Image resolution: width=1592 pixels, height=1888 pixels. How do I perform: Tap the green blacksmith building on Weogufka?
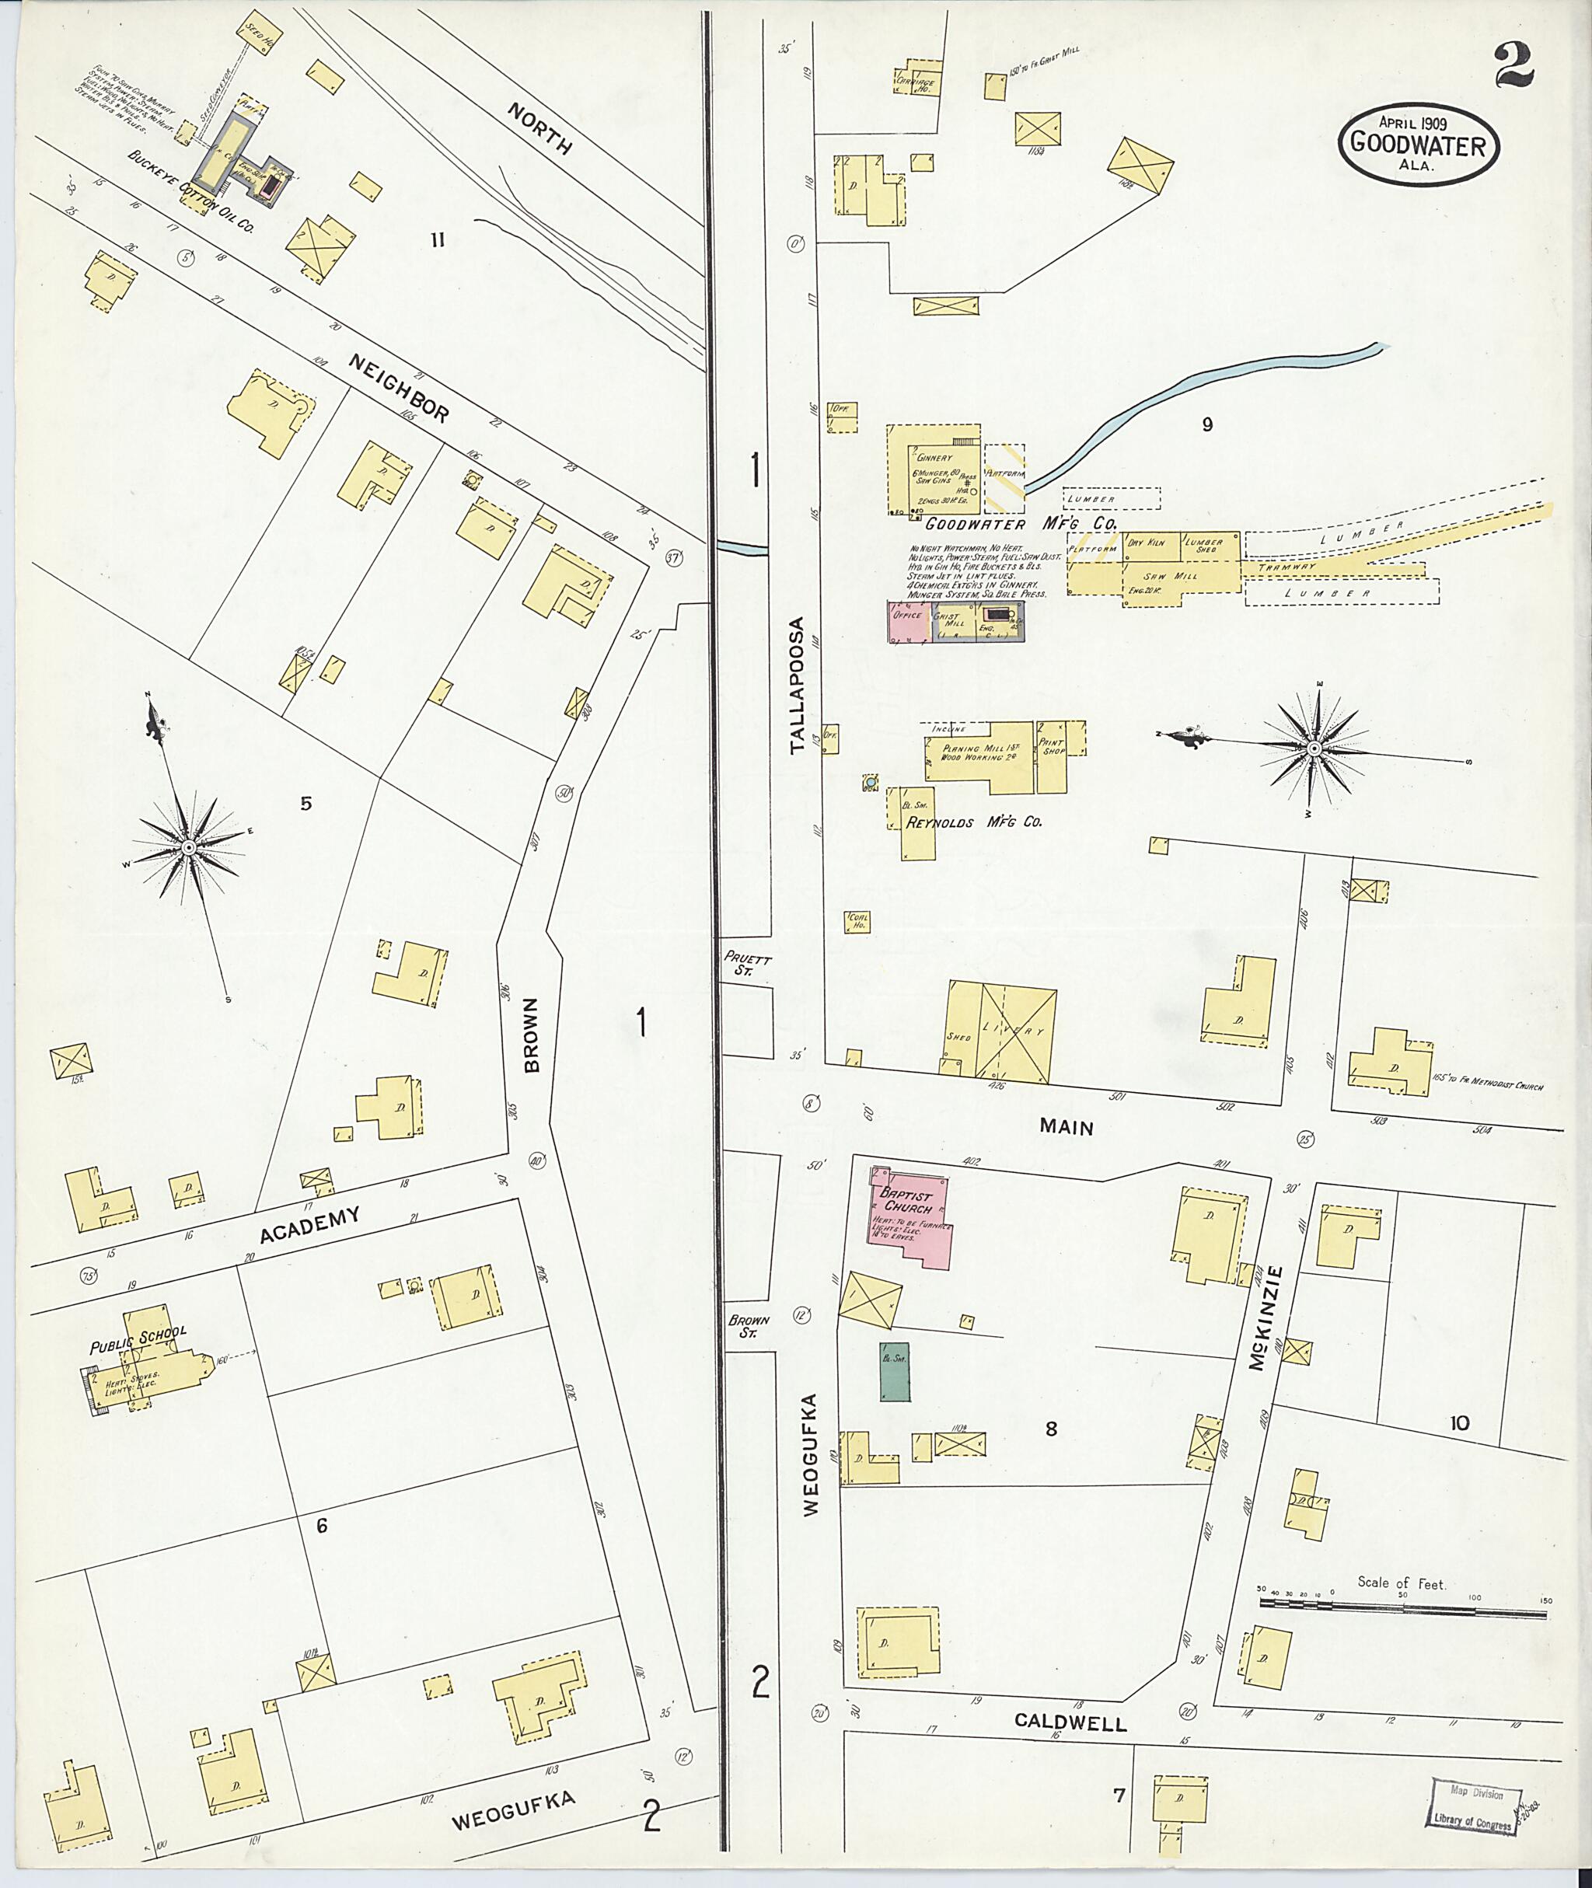895,1372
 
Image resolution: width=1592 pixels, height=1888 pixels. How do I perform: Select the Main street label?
1066,1127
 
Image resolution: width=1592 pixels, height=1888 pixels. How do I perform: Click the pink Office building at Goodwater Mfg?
907,623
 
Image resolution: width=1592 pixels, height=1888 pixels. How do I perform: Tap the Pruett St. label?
746,964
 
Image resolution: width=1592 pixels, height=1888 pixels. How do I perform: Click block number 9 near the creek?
1206,424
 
